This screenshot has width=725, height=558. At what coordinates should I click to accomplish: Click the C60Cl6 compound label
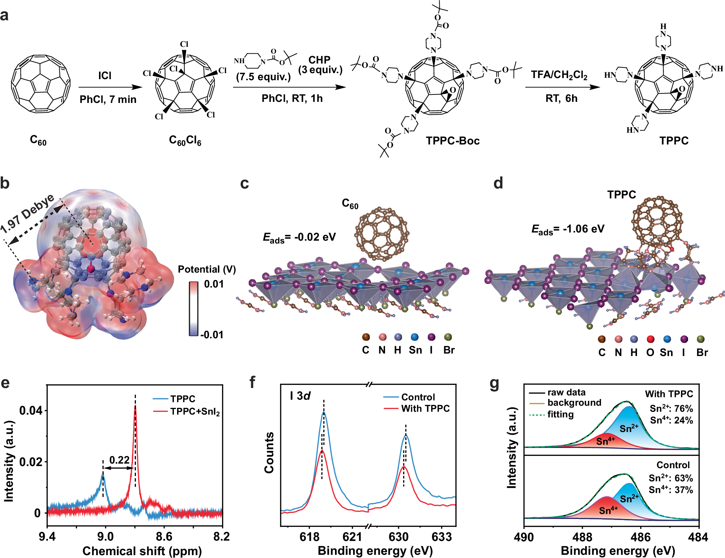(185, 141)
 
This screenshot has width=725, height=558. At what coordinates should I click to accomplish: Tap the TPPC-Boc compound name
(452, 141)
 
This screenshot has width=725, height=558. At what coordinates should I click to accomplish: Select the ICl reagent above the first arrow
(105, 76)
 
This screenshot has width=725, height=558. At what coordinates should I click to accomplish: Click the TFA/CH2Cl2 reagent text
(559, 75)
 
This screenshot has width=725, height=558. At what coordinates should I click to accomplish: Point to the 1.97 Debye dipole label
(28, 214)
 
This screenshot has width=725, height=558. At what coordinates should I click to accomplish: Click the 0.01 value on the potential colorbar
(214, 284)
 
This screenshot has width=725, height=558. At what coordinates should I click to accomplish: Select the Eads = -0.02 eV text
(299, 237)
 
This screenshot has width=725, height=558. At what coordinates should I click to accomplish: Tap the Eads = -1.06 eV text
(568, 229)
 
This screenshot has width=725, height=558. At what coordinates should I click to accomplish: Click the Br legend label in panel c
(449, 350)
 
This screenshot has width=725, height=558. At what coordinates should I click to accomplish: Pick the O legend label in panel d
(650, 352)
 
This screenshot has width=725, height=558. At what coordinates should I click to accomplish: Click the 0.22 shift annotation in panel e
(119, 460)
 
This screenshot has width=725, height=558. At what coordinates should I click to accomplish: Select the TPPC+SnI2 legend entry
(195, 412)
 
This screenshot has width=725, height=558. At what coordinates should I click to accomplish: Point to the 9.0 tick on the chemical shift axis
(105, 536)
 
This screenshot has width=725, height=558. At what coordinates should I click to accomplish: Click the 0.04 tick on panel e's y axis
(31, 411)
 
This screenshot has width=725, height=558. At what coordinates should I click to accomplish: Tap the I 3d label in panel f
(300, 396)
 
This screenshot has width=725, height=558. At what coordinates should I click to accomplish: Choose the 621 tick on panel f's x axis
(352, 536)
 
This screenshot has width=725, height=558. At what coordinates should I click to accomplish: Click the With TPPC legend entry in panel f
(425, 409)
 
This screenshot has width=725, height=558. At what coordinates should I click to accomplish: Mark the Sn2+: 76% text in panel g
(671, 409)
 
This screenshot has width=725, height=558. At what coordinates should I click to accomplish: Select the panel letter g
(494, 384)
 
